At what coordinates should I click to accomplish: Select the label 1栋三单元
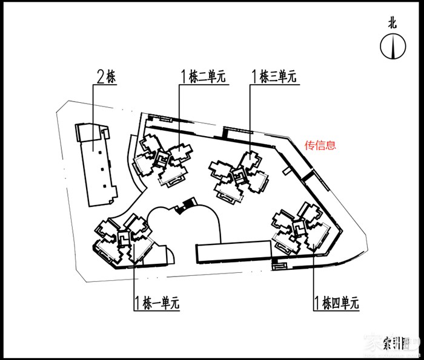[x=274, y=77]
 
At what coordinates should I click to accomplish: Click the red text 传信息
[x=320, y=145]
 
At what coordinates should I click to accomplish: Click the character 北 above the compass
[x=393, y=24]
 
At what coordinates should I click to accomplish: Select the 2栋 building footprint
[x=97, y=163]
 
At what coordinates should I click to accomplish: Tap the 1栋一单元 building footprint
[x=121, y=239]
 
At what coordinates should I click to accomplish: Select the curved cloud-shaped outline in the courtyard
[x=182, y=227]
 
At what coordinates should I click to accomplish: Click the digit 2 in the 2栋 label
[x=101, y=77]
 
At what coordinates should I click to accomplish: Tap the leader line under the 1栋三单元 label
[x=251, y=115]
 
